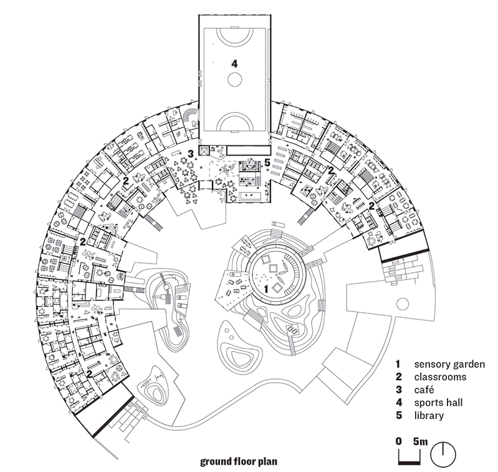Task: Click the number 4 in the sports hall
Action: tap(234, 64)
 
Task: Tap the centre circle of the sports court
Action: tap(235, 79)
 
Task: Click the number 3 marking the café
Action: tap(190, 154)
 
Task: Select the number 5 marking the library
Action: tap(267, 162)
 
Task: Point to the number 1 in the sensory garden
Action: tap(266, 289)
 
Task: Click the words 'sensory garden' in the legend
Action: tap(449, 364)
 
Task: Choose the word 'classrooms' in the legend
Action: tap(440, 377)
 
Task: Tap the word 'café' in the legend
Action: tap(424, 390)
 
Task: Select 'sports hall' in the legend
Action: tap(438, 403)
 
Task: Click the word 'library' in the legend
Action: tap(429, 415)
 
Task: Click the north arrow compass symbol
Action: tap(443, 454)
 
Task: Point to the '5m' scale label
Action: tap(420, 441)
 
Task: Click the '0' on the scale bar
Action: tap(399, 441)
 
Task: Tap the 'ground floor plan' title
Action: tap(239, 461)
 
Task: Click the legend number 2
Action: tap(399, 377)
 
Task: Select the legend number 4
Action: tap(399, 403)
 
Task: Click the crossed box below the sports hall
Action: tap(203, 150)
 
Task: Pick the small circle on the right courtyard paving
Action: tap(403, 304)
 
